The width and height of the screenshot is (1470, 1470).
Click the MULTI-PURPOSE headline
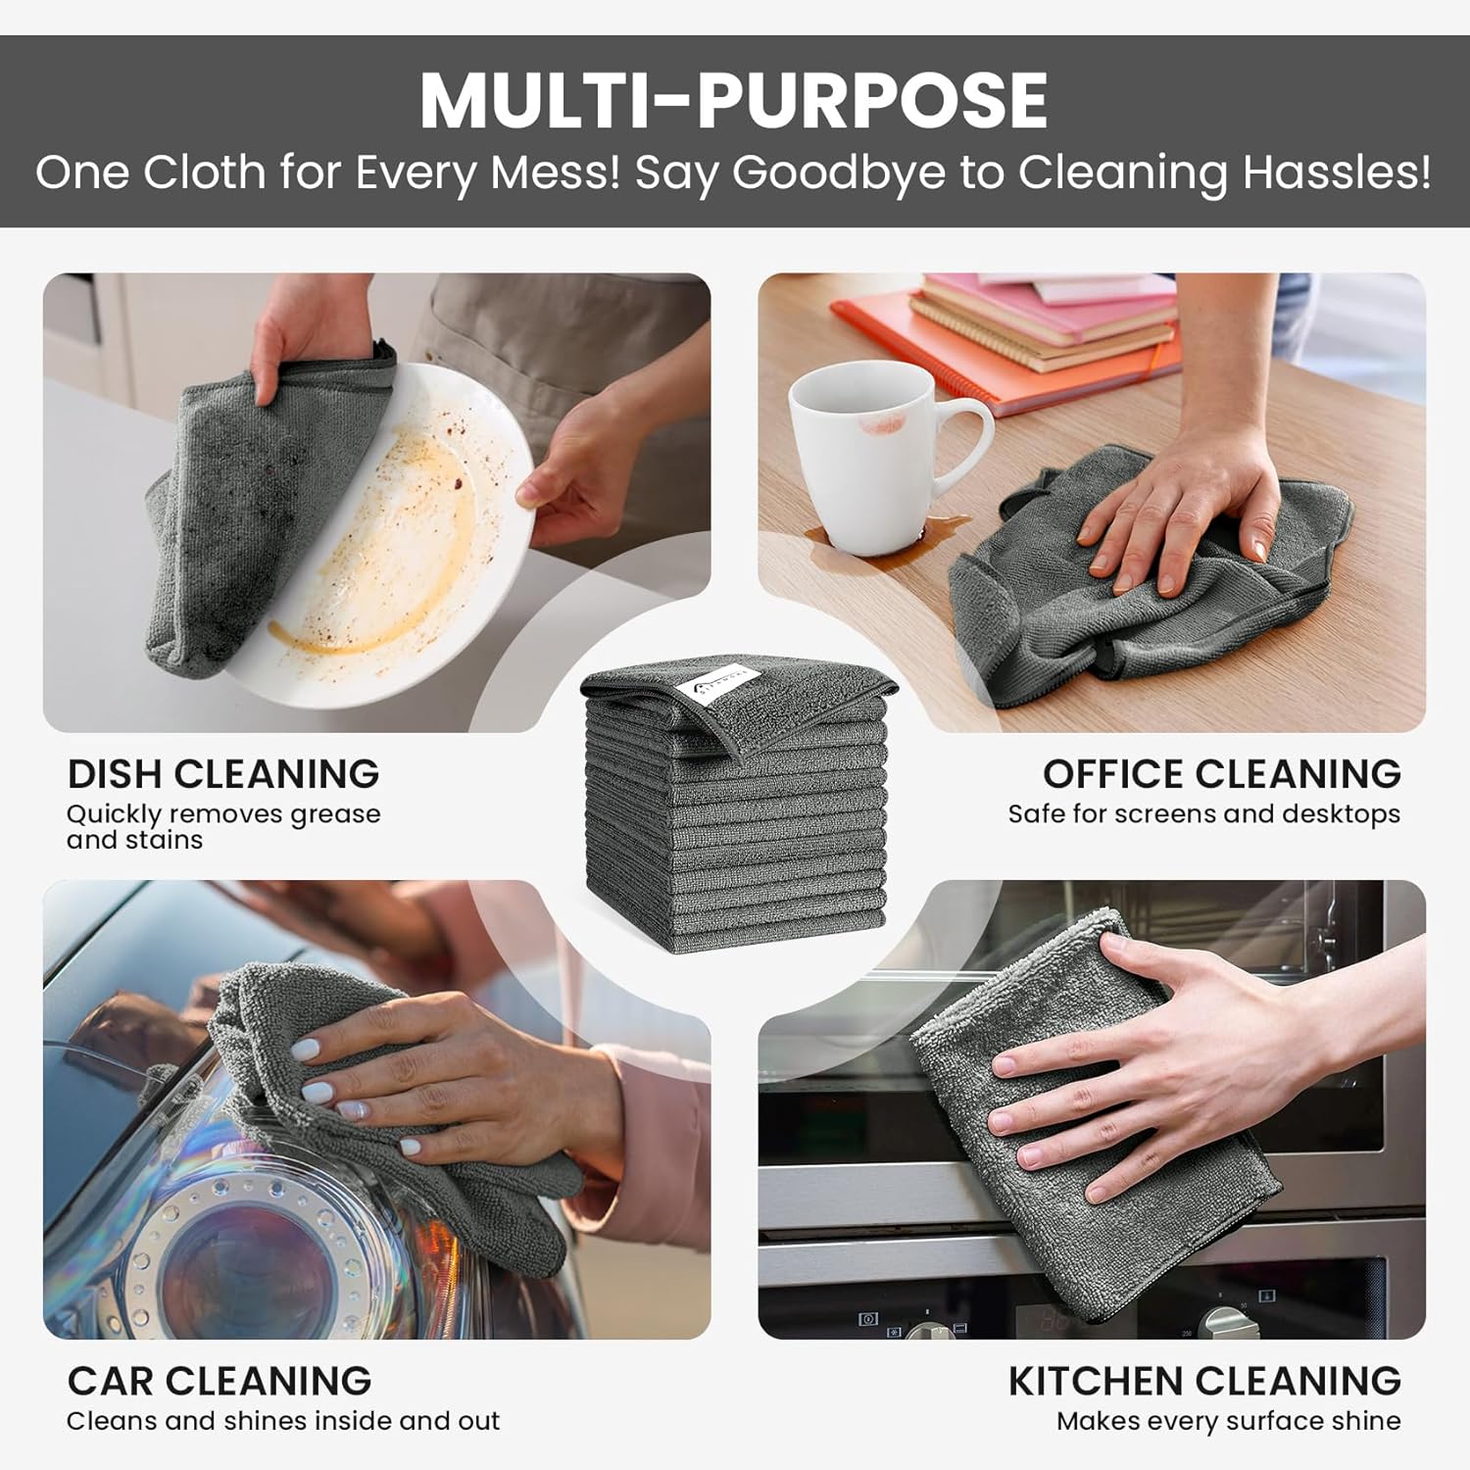(734, 100)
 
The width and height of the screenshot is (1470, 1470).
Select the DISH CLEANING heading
(223, 774)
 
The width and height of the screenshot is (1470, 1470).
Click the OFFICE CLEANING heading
(1221, 774)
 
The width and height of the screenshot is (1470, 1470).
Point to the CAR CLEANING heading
(220, 1381)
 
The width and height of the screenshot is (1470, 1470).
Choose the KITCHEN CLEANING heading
(1204, 1381)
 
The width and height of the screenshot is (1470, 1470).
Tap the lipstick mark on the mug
(885, 423)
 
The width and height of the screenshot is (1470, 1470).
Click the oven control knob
(1226, 1323)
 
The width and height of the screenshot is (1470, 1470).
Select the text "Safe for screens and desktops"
(1204, 814)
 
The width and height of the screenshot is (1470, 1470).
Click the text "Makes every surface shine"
(1228, 1421)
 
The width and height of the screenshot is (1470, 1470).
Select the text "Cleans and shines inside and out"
(283, 1421)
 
